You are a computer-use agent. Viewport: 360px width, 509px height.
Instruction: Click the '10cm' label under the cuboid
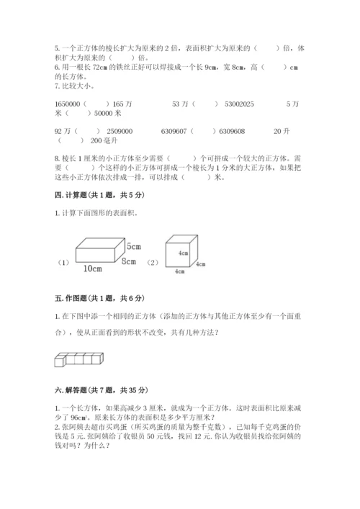click(92, 268)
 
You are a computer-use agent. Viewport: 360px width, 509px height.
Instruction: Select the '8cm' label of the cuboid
click(129, 260)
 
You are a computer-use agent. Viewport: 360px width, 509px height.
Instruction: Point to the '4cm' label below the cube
click(177, 272)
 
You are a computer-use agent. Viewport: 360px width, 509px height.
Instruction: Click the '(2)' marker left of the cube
click(153, 262)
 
